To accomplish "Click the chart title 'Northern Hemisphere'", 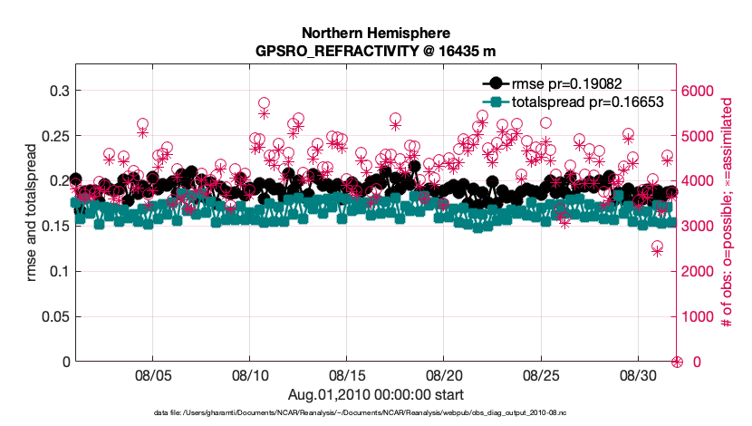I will click(376, 33).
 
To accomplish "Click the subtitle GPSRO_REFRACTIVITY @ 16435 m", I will click(376, 51).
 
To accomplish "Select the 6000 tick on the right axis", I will click(699, 91).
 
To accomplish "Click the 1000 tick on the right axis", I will click(699, 316).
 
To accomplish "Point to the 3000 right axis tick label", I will click(699, 226).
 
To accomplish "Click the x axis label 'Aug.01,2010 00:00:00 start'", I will click(376, 394).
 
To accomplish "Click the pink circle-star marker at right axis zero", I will click(676, 362).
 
